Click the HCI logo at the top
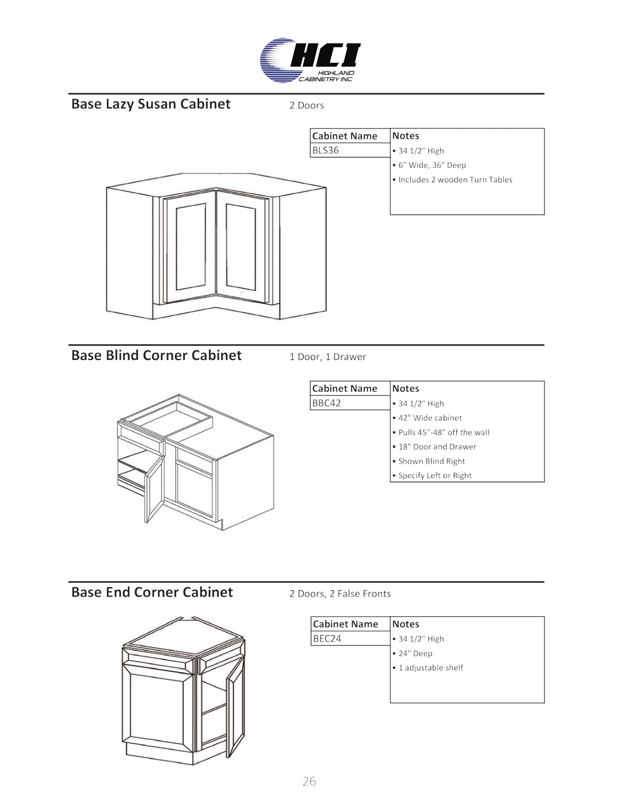tap(310, 60)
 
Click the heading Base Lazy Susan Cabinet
tap(151, 104)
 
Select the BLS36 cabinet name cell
tap(350, 150)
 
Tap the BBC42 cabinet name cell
tap(350, 403)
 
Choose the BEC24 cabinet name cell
tap(351, 638)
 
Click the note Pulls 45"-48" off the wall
tap(441, 432)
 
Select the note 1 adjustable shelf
tap(428, 668)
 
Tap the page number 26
tap(309, 781)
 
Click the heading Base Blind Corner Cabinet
tap(157, 355)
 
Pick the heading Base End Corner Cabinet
tap(152, 592)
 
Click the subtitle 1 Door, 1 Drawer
tap(328, 357)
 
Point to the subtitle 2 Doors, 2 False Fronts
tap(340, 594)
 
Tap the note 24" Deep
tap(413, 654)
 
